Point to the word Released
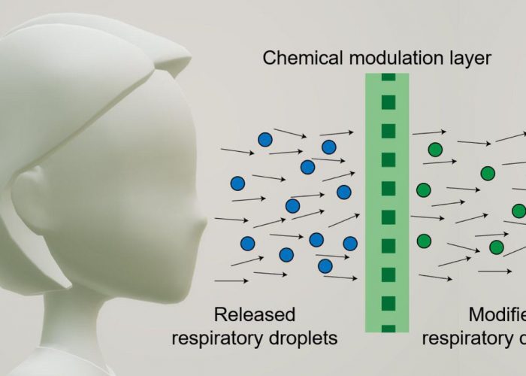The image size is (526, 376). coord(255,314)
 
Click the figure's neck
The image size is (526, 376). coord(113,316)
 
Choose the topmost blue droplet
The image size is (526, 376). coord(265,139)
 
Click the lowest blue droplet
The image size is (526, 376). coord(325,265)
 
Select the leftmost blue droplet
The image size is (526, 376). coord(238,183)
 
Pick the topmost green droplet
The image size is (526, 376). coord(434,150)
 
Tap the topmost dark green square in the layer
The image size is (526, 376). coord(388,77)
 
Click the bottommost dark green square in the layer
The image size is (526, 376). coord(388,328)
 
